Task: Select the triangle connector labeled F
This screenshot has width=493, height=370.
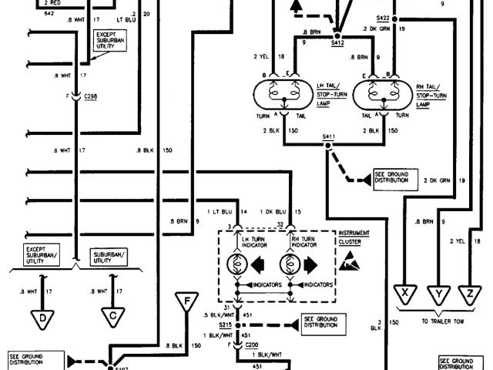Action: (186, 300)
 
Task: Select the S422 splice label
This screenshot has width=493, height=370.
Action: (383, 16)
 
